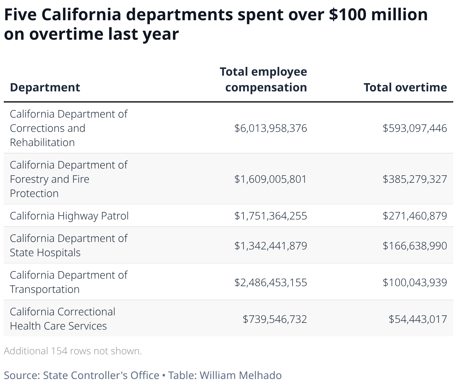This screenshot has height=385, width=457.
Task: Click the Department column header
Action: (45, 87)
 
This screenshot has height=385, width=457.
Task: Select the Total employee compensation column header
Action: (263, 79)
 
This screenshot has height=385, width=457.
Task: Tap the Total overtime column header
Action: (405, 87)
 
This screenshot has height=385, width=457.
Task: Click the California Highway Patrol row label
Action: (69, 216)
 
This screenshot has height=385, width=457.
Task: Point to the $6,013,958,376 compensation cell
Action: (270, 128)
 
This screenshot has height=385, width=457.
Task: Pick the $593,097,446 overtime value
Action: (415, 128)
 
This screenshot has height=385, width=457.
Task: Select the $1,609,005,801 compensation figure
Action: (270, 179)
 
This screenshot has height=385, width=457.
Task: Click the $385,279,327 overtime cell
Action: (415, 179)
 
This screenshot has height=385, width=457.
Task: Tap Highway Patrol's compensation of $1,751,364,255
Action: (270, 216)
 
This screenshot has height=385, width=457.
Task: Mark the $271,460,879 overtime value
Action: (415, 216)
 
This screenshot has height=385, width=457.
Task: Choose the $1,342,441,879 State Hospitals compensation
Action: (270, 246)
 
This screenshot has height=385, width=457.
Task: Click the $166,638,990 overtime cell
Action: (415, 246)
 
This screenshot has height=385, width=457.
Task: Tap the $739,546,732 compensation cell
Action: (275, 319)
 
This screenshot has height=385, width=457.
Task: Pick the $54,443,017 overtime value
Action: (418, 319)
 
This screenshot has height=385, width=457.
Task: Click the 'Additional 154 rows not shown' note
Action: (73, 351)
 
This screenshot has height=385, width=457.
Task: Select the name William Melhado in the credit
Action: (240, 375)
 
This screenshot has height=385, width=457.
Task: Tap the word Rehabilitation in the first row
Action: (42, 142)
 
